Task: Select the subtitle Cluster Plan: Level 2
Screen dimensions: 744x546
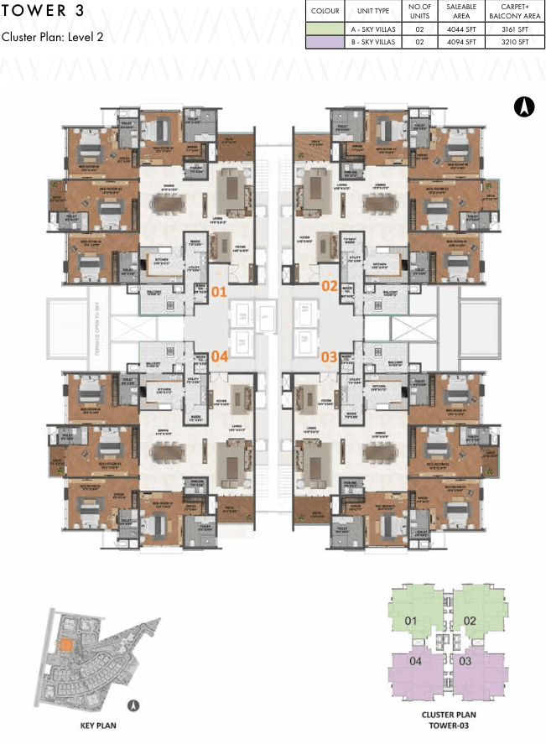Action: point(52,38)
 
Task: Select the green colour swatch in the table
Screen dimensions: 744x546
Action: point(325,29)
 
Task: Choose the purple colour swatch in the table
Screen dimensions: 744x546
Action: point(325,42)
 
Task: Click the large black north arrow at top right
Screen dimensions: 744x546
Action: point(523,107)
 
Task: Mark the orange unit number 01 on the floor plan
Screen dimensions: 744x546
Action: point(219,292)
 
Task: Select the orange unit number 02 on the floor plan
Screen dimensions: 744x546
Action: point(329,285)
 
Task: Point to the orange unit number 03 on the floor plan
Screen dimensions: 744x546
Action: point(329,357)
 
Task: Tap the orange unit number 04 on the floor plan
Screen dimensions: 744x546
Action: point(219,355)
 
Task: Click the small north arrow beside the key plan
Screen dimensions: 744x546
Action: point(133,705)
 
